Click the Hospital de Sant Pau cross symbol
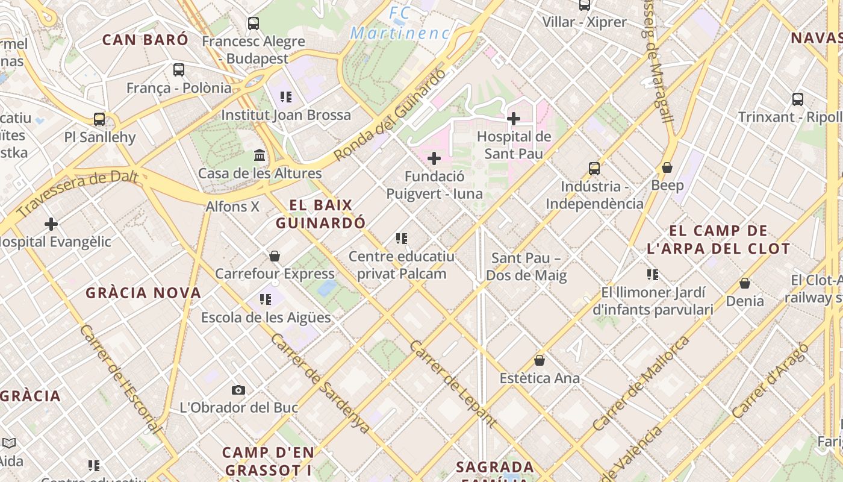tap(514, 119)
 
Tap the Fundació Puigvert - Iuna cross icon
tap(434, 158)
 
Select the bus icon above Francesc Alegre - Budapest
tap(254, 23)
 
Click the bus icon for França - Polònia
tap(179, 69)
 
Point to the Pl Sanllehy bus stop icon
tap(99, 119)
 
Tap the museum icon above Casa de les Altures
tap(260, 155)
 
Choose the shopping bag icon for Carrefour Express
tap(275, 256)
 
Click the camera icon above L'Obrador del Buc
tap(238, 390)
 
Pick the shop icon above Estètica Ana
tap(540, 360)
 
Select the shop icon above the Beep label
tap(667, 167)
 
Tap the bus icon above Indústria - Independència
tap(594, 169)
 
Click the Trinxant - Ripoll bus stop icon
tap(798, 99)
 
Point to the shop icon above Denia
tap(745, 283)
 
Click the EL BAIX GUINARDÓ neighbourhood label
tap(320, 214)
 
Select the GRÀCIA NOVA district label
tap(143, 293)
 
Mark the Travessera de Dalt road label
tap(78, 194)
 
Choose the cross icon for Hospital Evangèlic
tap(51, 224)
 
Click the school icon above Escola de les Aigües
tap(266, 299)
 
